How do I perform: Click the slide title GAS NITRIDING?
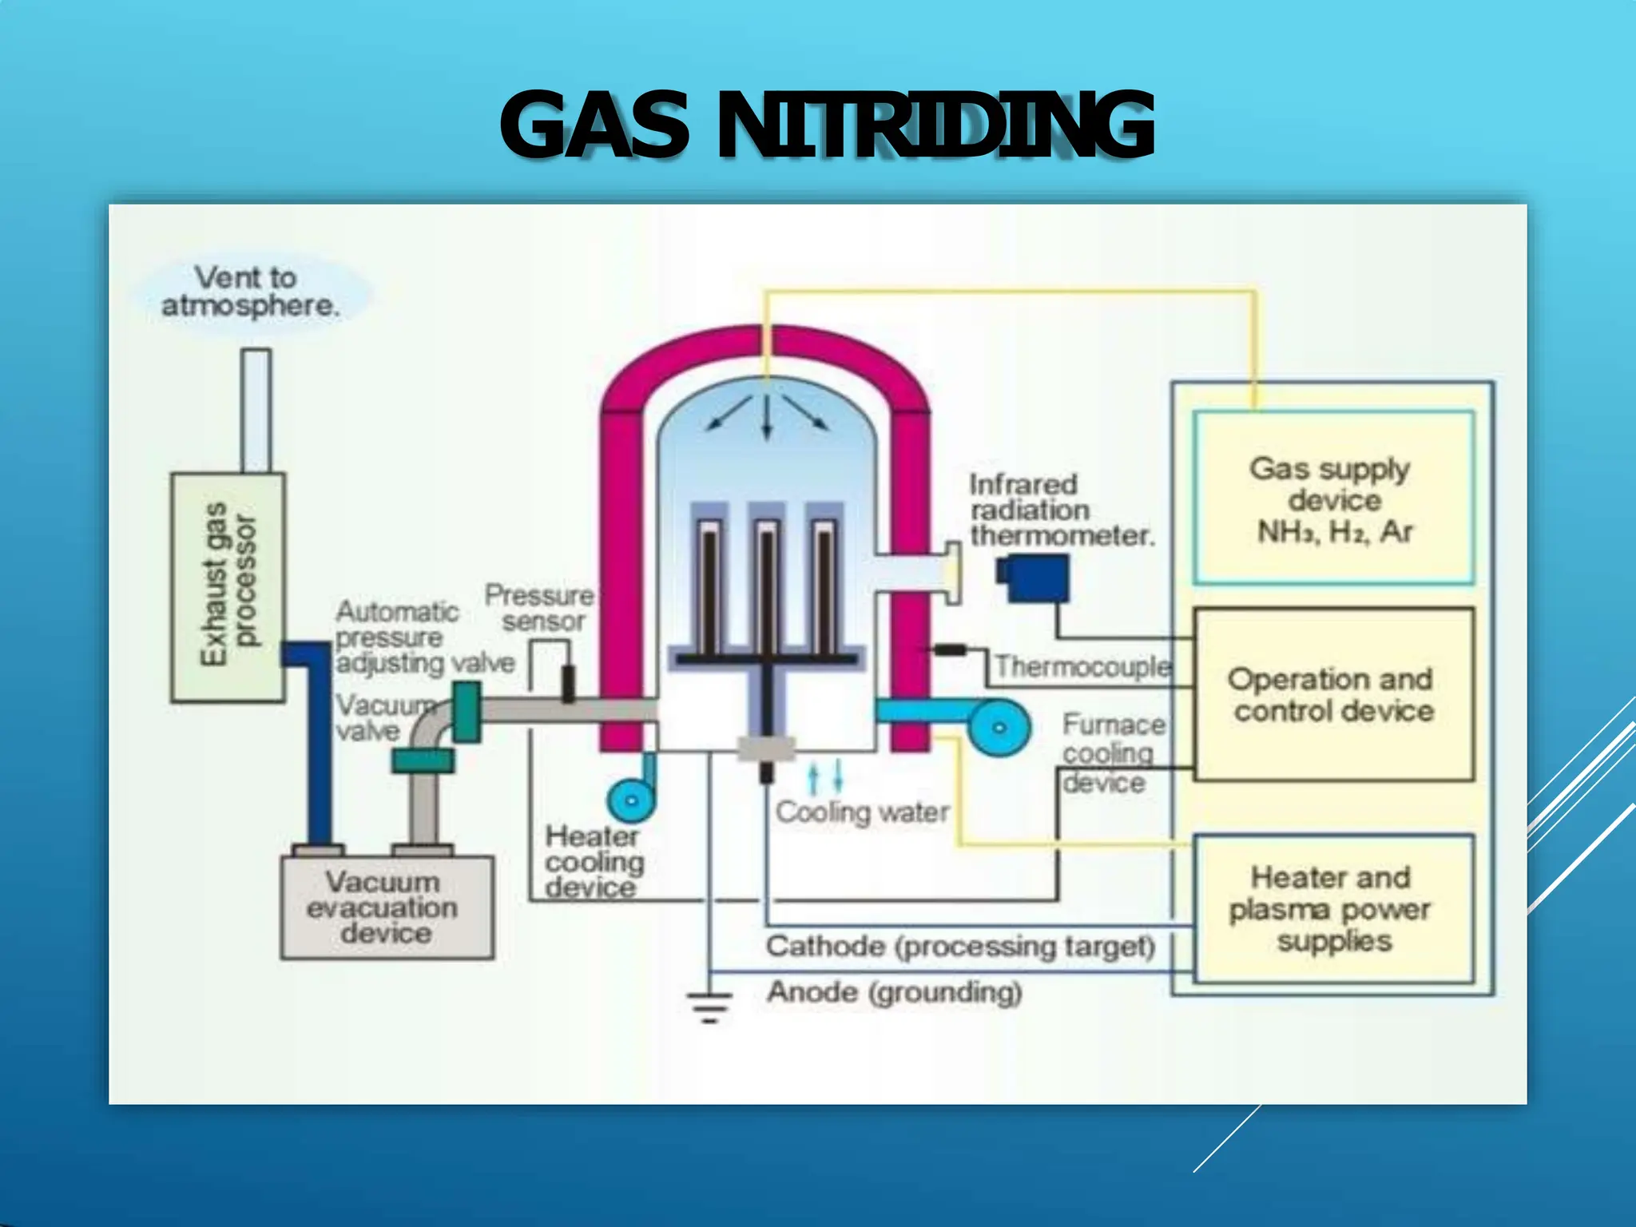click(x=827, y=125)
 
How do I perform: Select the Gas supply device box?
click(x=1333, y=498)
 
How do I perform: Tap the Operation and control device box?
click(x=1333, y=694)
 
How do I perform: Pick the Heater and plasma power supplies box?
click(x=1333, y=909)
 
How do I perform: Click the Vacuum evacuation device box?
click(x=387, y=907)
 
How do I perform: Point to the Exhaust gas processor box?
click(x=228, y=587)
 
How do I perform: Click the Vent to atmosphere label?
click(x=249, y=292)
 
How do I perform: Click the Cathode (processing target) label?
click(x=960, y=947)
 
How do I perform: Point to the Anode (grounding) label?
click(x=894, y=993)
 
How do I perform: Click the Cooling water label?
click(x=863, y=812)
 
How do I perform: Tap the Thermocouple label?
click(x=1082, y=666)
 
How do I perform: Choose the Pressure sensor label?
click(x=540, y=608)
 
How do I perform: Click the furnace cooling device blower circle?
click(x=999, y=727)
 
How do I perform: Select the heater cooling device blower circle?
click(x=631, y=800)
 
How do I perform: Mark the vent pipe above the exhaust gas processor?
click(x=256, y=410)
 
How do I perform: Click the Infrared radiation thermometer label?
click(x=1062, y=510)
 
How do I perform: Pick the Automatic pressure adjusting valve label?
click(x=423, y=637)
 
